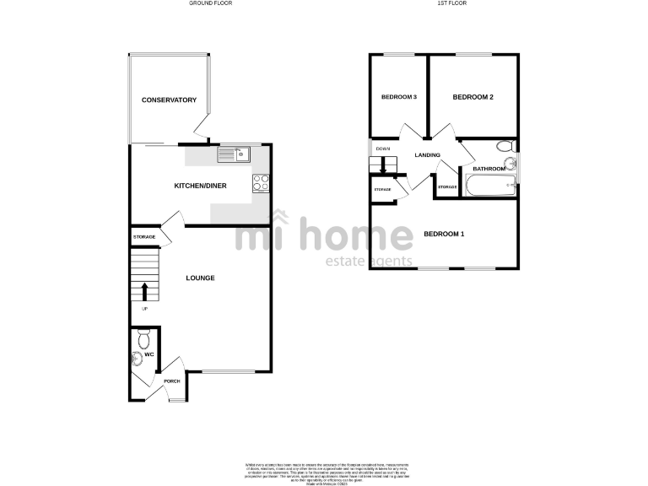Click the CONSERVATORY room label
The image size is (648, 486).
tap(169, 100)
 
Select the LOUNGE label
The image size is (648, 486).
tap(201, 278)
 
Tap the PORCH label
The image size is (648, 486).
tap(172, 381)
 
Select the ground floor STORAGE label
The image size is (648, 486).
tap(143, 237)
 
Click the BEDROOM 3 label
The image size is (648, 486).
tap(399, 97)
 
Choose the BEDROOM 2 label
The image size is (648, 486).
tap(472, 97)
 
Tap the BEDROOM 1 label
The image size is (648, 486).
tap(444, 234)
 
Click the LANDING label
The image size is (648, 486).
tap(427, 154)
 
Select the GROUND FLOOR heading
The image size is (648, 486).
tap(211, 3)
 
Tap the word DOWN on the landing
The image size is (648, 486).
tap(383, 149)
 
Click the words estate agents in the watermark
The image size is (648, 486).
tap(369, 262)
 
